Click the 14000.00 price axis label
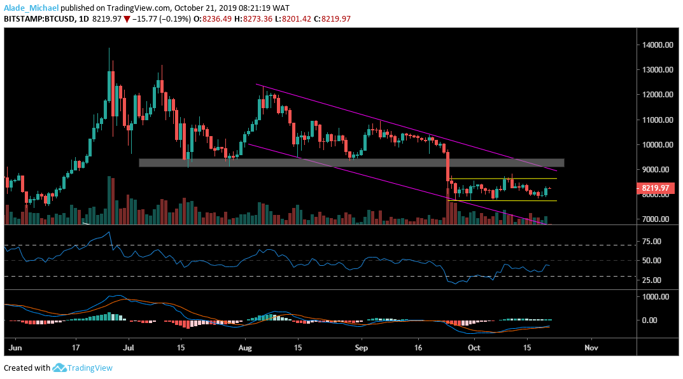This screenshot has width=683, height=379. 656,45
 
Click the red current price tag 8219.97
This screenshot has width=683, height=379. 656,188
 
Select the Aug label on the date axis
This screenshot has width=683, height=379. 244,348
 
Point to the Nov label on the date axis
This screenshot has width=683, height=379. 591,348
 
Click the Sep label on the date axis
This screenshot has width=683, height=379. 361,348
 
